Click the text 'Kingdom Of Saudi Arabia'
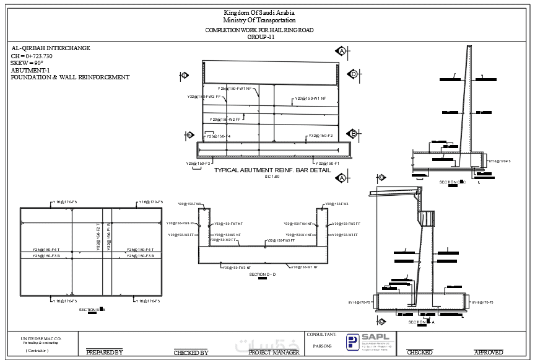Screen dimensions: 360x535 point(259,13)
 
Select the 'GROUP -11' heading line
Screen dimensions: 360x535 point(260,37)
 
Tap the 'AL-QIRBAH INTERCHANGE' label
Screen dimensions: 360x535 point(51,48)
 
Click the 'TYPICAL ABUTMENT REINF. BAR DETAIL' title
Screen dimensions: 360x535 point(272,170)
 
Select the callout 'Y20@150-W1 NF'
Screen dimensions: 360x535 point(310,99)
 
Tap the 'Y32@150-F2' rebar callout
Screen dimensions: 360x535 point(321,136)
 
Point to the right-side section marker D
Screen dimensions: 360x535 point(353,74)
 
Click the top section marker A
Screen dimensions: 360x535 point(341,51)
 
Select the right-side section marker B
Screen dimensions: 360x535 point(352,134)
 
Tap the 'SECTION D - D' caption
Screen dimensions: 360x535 point(263,274)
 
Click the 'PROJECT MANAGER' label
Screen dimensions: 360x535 point(274,352)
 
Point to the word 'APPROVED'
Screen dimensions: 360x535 point(489,352)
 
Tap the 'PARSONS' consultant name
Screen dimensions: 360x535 point(323,346)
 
